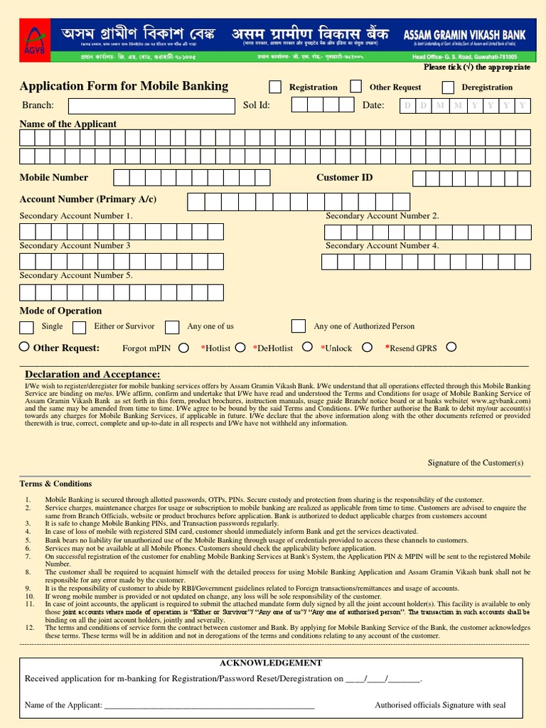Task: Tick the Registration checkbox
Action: click(x=275, y=87)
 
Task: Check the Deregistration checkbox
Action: click(x=448, y=87)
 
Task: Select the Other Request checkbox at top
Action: click(x=355, y=87)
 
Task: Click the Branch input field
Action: click(x=151, y=106)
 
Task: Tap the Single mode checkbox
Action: click(x=26, y=327)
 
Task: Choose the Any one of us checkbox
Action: click(x=172, y=327)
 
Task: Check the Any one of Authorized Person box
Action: click(x=299, y=326)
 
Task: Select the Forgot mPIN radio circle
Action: click(x=183, y=348)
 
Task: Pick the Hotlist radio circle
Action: click(x=240, y=347)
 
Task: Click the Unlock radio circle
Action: click(x=367, y=347)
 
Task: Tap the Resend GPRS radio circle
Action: click(x=451, y=347)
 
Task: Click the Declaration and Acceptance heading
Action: click(x=92, y=375)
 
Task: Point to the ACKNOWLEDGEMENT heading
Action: click(x=271, y=663)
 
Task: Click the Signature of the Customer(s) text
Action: click(x=476, y=463)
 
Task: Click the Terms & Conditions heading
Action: click(x=55, y=483)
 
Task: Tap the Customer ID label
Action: click(x=344, y=178)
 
